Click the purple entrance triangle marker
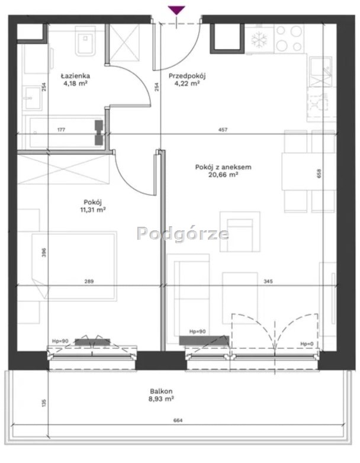tap(176, 10)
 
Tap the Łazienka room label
tap(75, 76)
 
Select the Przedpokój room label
tap(187, 76)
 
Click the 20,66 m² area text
tap(224, 175)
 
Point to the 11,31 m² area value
tap(93, 210)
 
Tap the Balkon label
tap(161, 391)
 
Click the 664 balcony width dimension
tap(178, 420)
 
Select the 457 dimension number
tap(223, 130)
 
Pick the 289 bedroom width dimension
tap(89, 281)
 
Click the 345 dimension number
tap(268, 281)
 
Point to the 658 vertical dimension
tap(319, 173)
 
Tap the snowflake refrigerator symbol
tap(259, 40)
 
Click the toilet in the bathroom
tap(85, 41)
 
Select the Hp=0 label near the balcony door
tap(307, 344)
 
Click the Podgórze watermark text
tap(183, 234)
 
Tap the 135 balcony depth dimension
tap(44, 403)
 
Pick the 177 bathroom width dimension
tap(61, 130)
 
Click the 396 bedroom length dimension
tap(44, 253)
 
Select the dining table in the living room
tap(309, 171)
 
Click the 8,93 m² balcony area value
tap(161, 399)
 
